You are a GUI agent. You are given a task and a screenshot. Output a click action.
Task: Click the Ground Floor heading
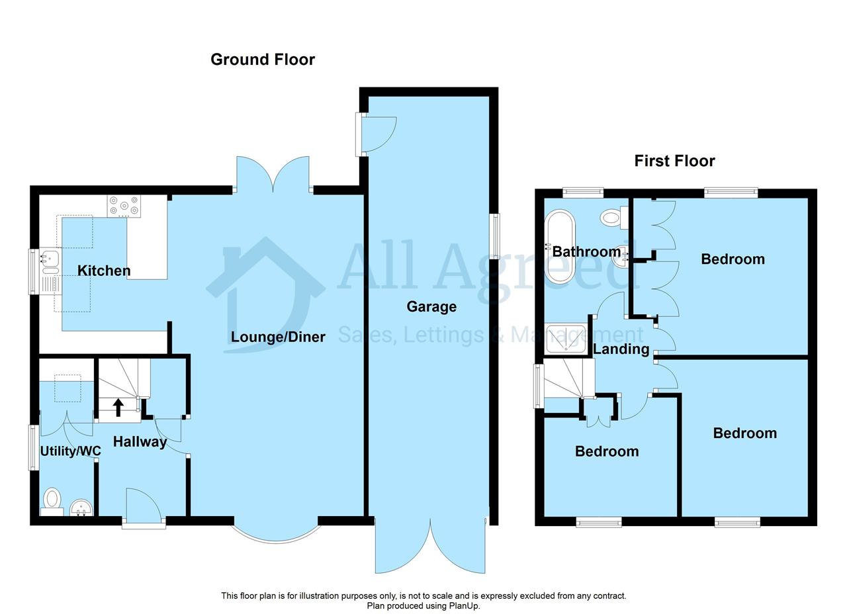[x=263, y=60]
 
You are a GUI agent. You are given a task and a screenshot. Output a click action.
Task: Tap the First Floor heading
[x=674, y=161]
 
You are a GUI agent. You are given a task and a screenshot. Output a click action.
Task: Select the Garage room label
[x=431, y=306]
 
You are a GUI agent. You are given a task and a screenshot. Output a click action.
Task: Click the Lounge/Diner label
[x=278, y=337]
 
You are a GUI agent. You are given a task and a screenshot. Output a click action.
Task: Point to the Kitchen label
[x=104, y=271]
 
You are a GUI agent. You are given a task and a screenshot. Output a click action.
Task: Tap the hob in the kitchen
[x=124, y=206]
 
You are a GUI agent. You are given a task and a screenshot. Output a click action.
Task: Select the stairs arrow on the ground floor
[x=118, y=408]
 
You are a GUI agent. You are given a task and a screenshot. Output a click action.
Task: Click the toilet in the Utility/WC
[x=52, y=502]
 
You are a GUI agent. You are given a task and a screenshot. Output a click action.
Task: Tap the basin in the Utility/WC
[x=81, y=508]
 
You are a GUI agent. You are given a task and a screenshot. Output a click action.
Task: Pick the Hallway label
[x=140, y=442]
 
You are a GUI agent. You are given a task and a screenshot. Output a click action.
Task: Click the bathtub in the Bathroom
[x=560, y=247]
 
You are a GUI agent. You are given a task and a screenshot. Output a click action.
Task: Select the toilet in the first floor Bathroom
[x=614, y=218]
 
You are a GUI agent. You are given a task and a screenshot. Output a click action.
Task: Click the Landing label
[x=621, y=349]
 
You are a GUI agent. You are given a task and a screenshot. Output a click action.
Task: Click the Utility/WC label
[x=71, y=451]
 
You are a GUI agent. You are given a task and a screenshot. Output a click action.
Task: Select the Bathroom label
[x=586, y=251]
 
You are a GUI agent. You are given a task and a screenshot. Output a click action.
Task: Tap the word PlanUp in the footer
[x=464, y=606]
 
